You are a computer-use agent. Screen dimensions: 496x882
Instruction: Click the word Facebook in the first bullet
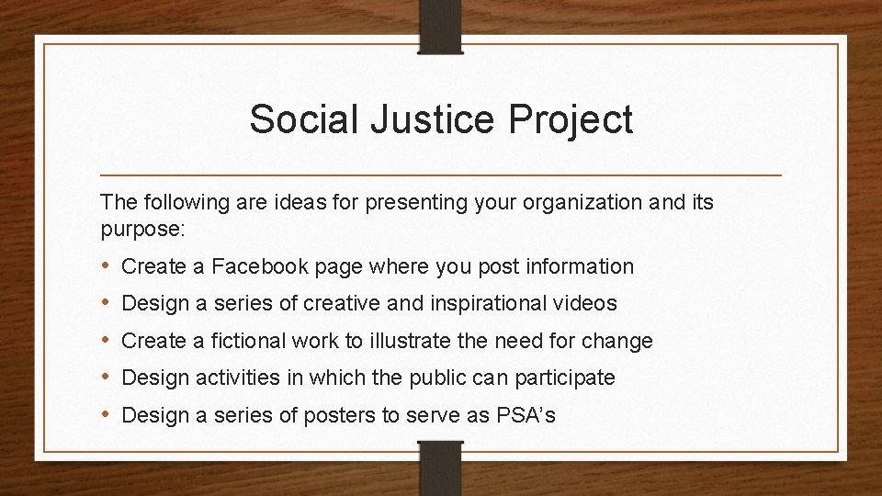(x=262, y=267)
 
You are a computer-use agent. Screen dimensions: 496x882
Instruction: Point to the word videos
(x=584, y=304)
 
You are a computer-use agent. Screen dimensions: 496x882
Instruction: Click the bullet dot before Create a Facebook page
(x=106, y=267)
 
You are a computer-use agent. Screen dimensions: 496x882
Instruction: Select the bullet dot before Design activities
(x=106, y=378)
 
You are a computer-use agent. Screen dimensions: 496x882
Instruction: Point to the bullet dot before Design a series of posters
(x=106, y=414)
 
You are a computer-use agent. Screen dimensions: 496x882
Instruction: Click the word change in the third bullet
(x=620, y=342)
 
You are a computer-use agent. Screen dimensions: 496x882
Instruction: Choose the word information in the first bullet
(x=581, y=267)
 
